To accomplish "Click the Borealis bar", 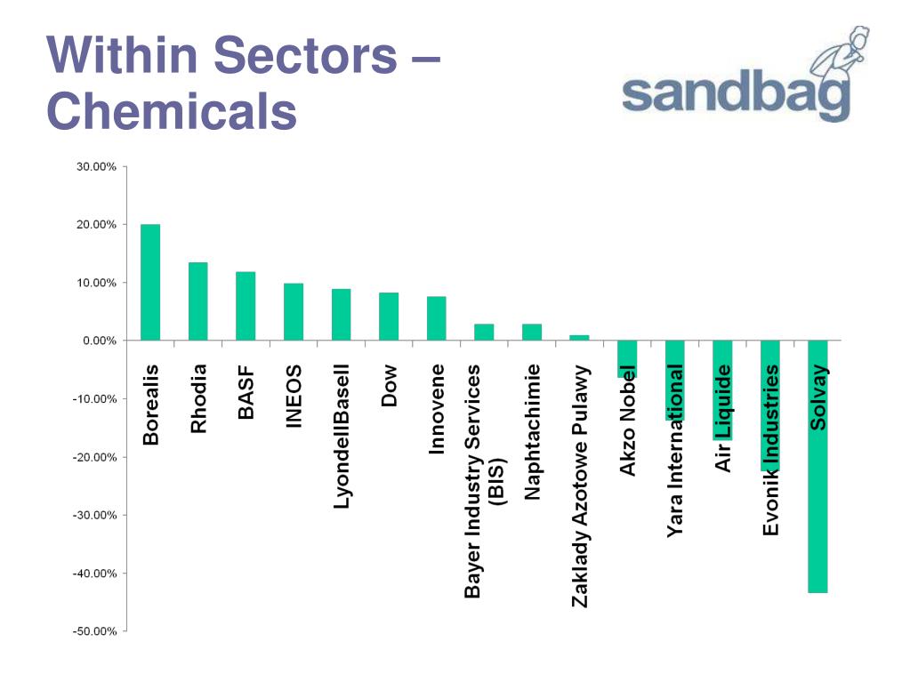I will coord(150,282).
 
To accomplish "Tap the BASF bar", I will coord(246,306).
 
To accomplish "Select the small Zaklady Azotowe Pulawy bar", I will coord(579,338).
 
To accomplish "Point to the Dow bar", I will coord(389,316).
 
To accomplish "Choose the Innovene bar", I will coord(436,318).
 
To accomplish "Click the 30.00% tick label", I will coord(93,167).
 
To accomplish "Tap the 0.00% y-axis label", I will coord(96,341).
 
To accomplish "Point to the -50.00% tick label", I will coord(93,631).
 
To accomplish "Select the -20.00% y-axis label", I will coord(93,457).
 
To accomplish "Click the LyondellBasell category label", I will coord(342,435).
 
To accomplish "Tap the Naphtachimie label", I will coord(533,431).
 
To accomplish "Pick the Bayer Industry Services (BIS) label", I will coord(485,480).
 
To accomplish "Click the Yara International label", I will coord(676,450).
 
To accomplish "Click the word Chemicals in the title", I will coord(171,113).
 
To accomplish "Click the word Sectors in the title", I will coord(307,55).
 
